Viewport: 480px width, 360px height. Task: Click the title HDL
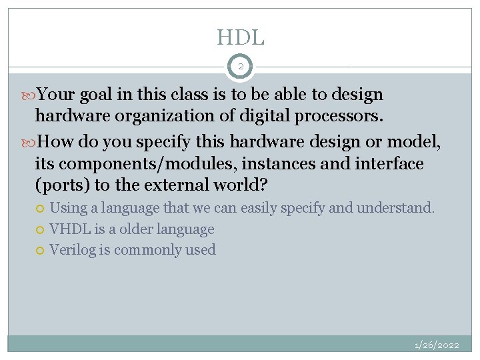(x=240, y=37)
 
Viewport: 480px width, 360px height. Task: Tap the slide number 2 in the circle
(x=240, y=67)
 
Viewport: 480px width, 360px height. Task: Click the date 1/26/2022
(x=437, y=345)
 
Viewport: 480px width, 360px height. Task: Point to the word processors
(x=337, y=117)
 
